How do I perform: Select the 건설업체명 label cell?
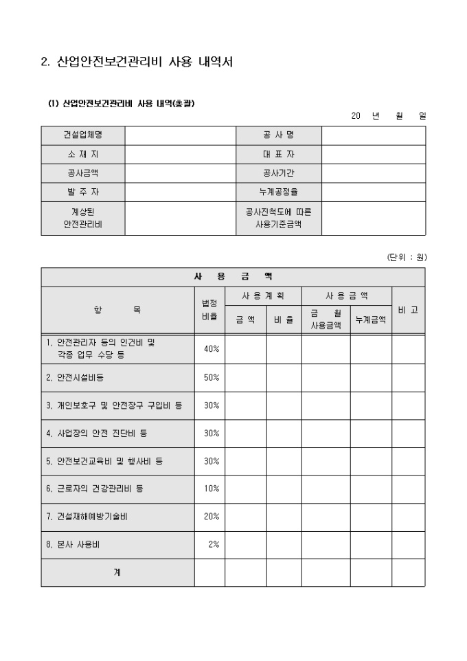coord(82,135)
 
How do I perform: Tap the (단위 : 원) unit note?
coord(407,258)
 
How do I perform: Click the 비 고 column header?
coord(408,310)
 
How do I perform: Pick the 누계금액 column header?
coord(371,319)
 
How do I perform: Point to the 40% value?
coord(212,349)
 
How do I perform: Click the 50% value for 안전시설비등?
coord(212,377)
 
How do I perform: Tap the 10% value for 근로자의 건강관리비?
coord(212,489)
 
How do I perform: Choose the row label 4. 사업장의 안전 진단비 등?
coord(96,433)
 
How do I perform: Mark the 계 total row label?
coord(117,572)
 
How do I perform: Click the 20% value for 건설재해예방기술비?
coord(212,517)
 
